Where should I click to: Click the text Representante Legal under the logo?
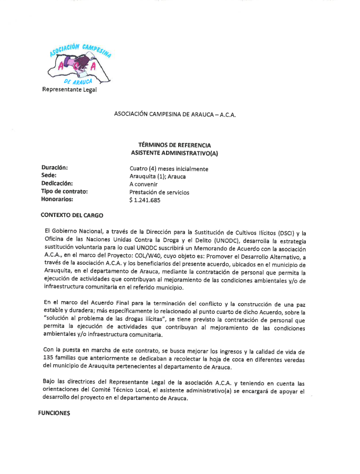69,89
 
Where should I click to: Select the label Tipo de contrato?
64,191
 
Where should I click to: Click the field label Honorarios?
57,199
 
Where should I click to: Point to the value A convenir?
143,184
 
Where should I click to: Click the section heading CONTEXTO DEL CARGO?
72,215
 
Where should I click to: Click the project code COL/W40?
152,257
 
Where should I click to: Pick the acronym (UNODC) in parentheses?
272,241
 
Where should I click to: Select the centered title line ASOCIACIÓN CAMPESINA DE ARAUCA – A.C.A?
174,114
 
